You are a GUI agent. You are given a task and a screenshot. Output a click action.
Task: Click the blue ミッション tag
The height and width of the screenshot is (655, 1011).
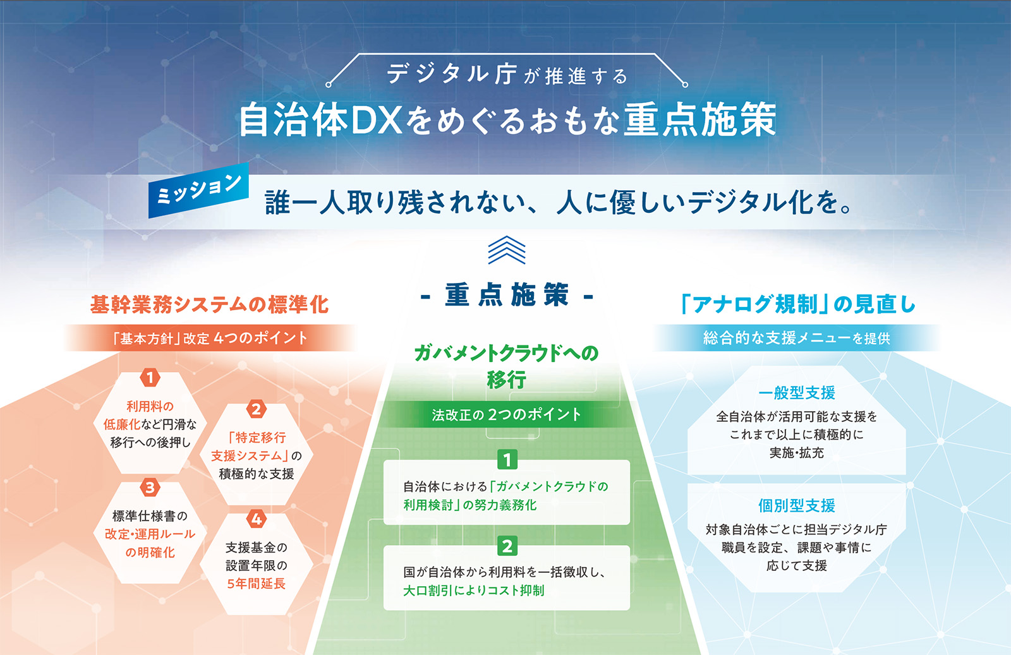198,190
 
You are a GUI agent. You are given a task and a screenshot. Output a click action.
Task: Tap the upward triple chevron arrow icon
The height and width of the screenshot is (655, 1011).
506,250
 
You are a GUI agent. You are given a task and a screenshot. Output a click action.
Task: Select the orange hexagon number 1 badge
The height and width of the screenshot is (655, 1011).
150,377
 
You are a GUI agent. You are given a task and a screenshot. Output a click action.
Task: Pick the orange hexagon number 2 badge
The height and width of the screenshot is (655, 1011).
257,409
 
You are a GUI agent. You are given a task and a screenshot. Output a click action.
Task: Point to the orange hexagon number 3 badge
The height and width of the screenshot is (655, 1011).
150,487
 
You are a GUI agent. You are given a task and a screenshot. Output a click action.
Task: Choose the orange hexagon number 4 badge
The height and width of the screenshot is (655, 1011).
257,519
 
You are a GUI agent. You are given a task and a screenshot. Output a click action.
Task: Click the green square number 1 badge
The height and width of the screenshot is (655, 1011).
507,460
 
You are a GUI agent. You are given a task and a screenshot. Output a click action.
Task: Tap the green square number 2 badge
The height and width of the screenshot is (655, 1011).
507,546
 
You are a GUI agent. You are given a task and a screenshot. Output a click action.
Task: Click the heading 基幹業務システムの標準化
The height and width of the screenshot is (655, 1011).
209,304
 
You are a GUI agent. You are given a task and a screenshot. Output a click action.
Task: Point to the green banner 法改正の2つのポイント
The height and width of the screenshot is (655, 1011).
506,414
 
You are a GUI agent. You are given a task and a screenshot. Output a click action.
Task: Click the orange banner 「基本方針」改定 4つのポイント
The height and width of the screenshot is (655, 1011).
210,338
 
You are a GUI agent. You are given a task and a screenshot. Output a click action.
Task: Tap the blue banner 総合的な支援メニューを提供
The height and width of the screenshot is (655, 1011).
797,338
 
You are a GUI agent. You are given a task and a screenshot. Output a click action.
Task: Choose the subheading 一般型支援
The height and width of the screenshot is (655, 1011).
797,393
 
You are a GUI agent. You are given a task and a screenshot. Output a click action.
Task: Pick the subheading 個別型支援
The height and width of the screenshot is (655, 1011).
797,506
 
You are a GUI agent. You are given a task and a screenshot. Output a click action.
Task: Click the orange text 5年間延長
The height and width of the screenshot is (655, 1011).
256,584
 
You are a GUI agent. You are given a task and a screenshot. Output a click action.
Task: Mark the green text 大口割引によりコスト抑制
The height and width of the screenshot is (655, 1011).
473,591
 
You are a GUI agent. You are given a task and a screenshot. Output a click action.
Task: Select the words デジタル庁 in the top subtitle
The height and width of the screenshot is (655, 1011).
452,73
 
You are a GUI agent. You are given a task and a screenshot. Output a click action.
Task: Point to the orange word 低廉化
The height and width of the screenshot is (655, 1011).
122,424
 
